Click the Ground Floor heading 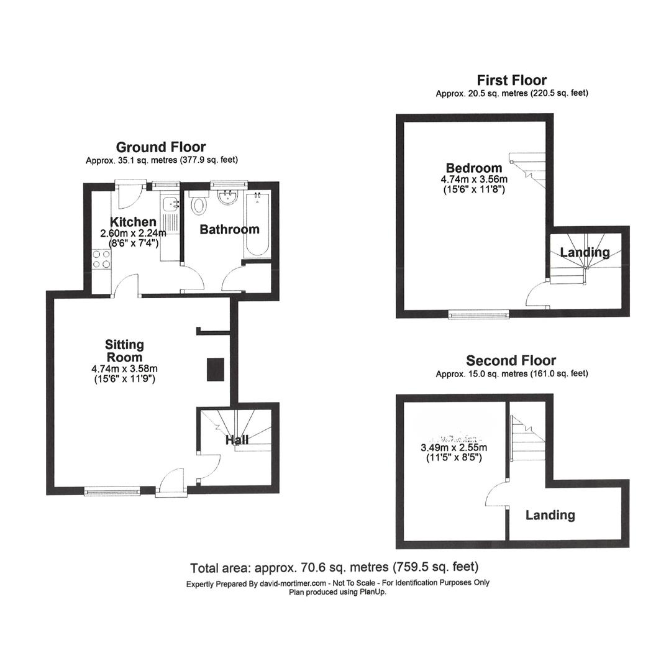[161, 147]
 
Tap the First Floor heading [511, 80]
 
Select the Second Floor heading [511, 360]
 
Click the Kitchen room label [133, 222]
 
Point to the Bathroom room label [229, 229]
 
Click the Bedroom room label [473, 168]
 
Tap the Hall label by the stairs [237, 440]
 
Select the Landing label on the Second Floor [550, 515]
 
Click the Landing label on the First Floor [585, 252]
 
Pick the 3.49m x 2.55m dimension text [454, 447]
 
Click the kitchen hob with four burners [101, 258]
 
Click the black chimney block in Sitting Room [216, 368]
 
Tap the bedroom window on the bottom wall [479, 316]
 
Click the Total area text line [334, 567]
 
